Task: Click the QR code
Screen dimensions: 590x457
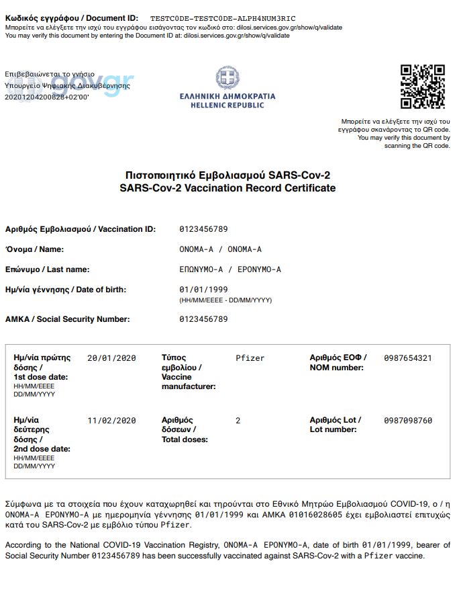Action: [x=423, y=87]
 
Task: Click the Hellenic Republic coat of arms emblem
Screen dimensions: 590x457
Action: [x=227, y=78]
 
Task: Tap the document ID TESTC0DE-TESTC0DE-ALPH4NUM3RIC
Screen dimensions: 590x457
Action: [x=223, y=17]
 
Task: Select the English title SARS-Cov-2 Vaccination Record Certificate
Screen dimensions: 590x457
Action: [x=227, y=188]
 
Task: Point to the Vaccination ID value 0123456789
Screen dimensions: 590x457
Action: [x=203, y=229]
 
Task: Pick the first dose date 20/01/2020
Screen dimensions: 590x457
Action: [x=111, y=358]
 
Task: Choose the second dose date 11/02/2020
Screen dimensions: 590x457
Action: [x=111, y=421]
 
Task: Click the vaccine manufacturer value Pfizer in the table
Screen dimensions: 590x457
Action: [x=250, y=358]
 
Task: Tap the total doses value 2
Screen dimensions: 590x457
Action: [x=238, y=421]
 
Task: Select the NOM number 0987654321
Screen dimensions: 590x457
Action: [x=408, y=358]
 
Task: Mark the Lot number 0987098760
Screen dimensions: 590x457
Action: [x=408, y=421]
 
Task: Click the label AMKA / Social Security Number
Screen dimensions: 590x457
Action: [x=67, y=319]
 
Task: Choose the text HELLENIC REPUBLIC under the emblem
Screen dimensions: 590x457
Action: [x=227, y=106]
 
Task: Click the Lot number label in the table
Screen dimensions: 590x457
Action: [x=335, y=425]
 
